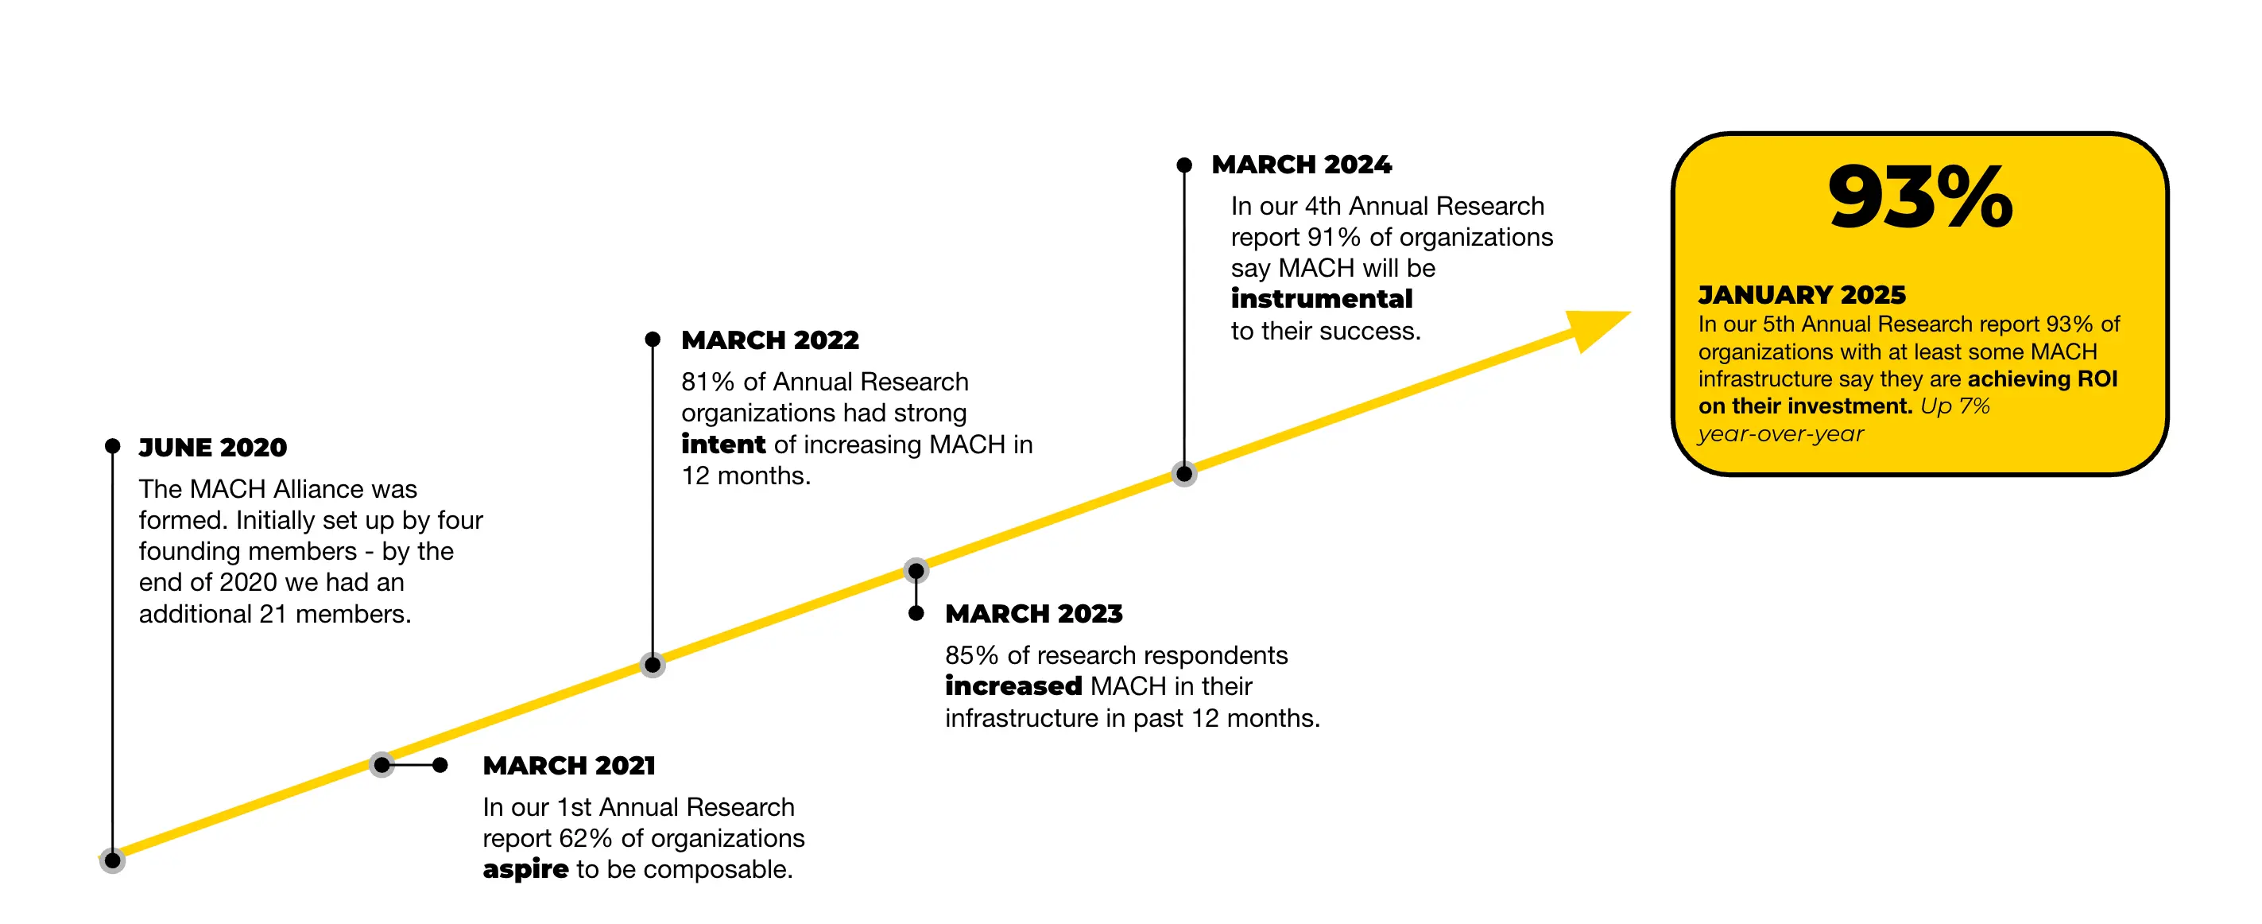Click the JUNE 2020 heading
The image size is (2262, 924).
click(212, 447)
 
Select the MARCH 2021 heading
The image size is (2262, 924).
click(569, 765)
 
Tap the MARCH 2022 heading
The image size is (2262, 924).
click(770, 340)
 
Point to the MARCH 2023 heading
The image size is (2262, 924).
click(1033, 613)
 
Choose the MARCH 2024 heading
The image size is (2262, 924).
click(1301, 165)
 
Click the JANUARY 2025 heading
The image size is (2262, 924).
click(1802, 294)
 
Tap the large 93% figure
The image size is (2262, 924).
click(1919, 198)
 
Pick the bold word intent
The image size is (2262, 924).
click(722, 445)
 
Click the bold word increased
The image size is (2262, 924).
click(1013, 686)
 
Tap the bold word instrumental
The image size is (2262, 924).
click(1322, 299)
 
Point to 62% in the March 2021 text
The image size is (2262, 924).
click(585, 838)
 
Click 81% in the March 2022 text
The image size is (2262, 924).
click(707, 382)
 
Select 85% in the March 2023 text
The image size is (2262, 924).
click(971, 655)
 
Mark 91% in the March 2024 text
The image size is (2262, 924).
click(1334, 237)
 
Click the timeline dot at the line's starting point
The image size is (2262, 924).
click(112, 860)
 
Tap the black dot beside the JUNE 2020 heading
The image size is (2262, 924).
click(112, 446)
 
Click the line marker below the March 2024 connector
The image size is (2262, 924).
click(1183, 474)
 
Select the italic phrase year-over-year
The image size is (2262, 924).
click(1780, 434)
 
